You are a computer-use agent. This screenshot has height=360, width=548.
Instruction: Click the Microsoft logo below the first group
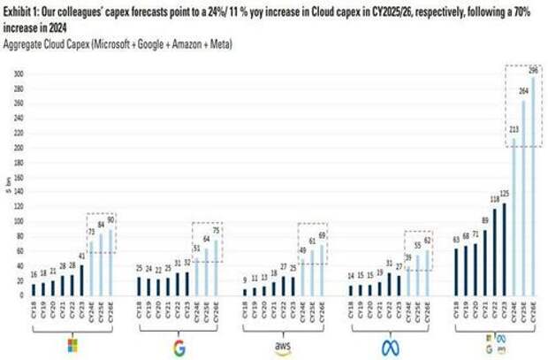(x=72, y=343)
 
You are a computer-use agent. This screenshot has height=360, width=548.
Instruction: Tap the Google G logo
(x=179, y=346)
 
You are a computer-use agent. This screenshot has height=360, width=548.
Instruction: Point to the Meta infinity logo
(x=390, y=346)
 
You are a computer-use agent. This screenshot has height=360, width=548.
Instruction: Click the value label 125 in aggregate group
(x=505, y=193)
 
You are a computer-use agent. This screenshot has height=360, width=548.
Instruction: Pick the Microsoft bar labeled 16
(x=34, y=289)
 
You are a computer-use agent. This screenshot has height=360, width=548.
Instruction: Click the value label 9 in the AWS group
(x=245, y=280)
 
